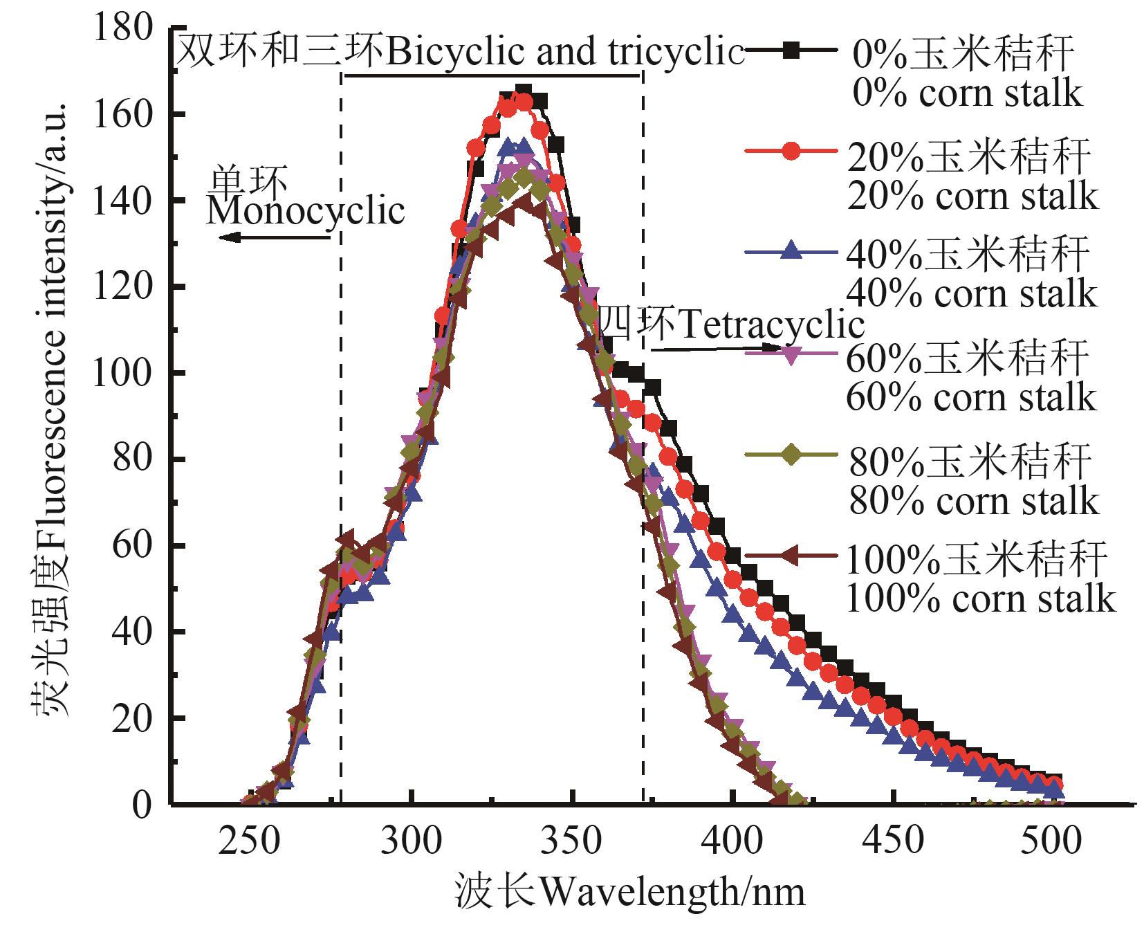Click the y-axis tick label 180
[x=129, y=29]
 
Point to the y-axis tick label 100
[x=129, y=374]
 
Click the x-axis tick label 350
[x=572, y=841]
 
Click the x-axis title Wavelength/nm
[x=630, y=893]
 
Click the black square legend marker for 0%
[x=793, y=49]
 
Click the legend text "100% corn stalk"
[x=981, y=599]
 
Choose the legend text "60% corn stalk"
[x=971, y=397]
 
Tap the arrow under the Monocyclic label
[x=275, y=237]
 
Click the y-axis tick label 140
[x=129, y=201]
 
